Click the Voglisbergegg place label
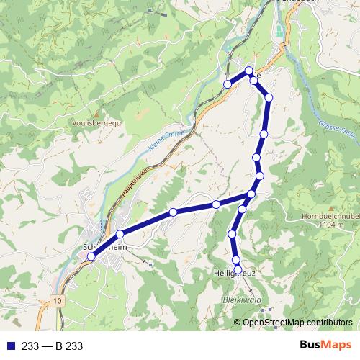[98, 122]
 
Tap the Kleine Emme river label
[169, 140]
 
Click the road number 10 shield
[57, 299]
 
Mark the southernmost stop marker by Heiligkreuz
[238, 269]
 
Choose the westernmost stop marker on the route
[91, 257]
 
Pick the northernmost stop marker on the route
[249, 71]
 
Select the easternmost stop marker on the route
[269, 97]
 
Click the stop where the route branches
[251, 194]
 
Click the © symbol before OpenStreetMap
[238, 323]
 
